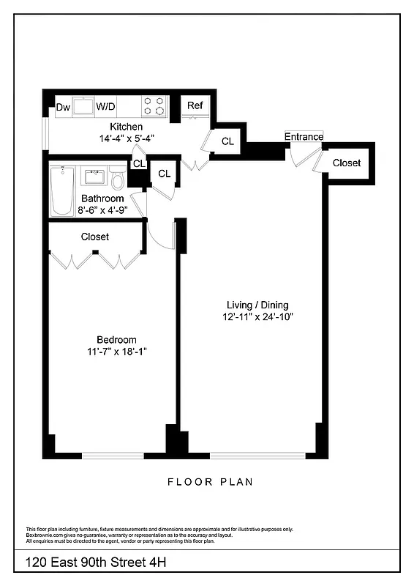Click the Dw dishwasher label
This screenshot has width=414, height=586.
[x=64, y=107]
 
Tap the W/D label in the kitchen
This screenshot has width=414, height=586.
[x=105, y=107]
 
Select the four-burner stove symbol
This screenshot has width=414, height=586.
[x=154, y=106]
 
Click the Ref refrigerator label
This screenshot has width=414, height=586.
[x=195, y=105]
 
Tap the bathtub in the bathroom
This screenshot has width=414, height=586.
[x=59, y=190]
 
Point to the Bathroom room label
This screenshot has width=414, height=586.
[x=102, y=199]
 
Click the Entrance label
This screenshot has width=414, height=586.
[x=304, y=136]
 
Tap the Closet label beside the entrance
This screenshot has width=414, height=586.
[x=346, y=163]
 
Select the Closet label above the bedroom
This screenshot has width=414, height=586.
[x=94, y=237]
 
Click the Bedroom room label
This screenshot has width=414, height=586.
[x=116, y=339]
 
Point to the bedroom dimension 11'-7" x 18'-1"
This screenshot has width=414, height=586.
[x=116, y=352]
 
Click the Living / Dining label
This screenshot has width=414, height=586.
[x=257, y=305]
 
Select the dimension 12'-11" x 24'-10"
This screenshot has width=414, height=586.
[x=257, y=317]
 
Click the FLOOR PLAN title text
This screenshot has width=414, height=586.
[x=210, y=482]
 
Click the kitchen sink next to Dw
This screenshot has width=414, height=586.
[x=83, y=107]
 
